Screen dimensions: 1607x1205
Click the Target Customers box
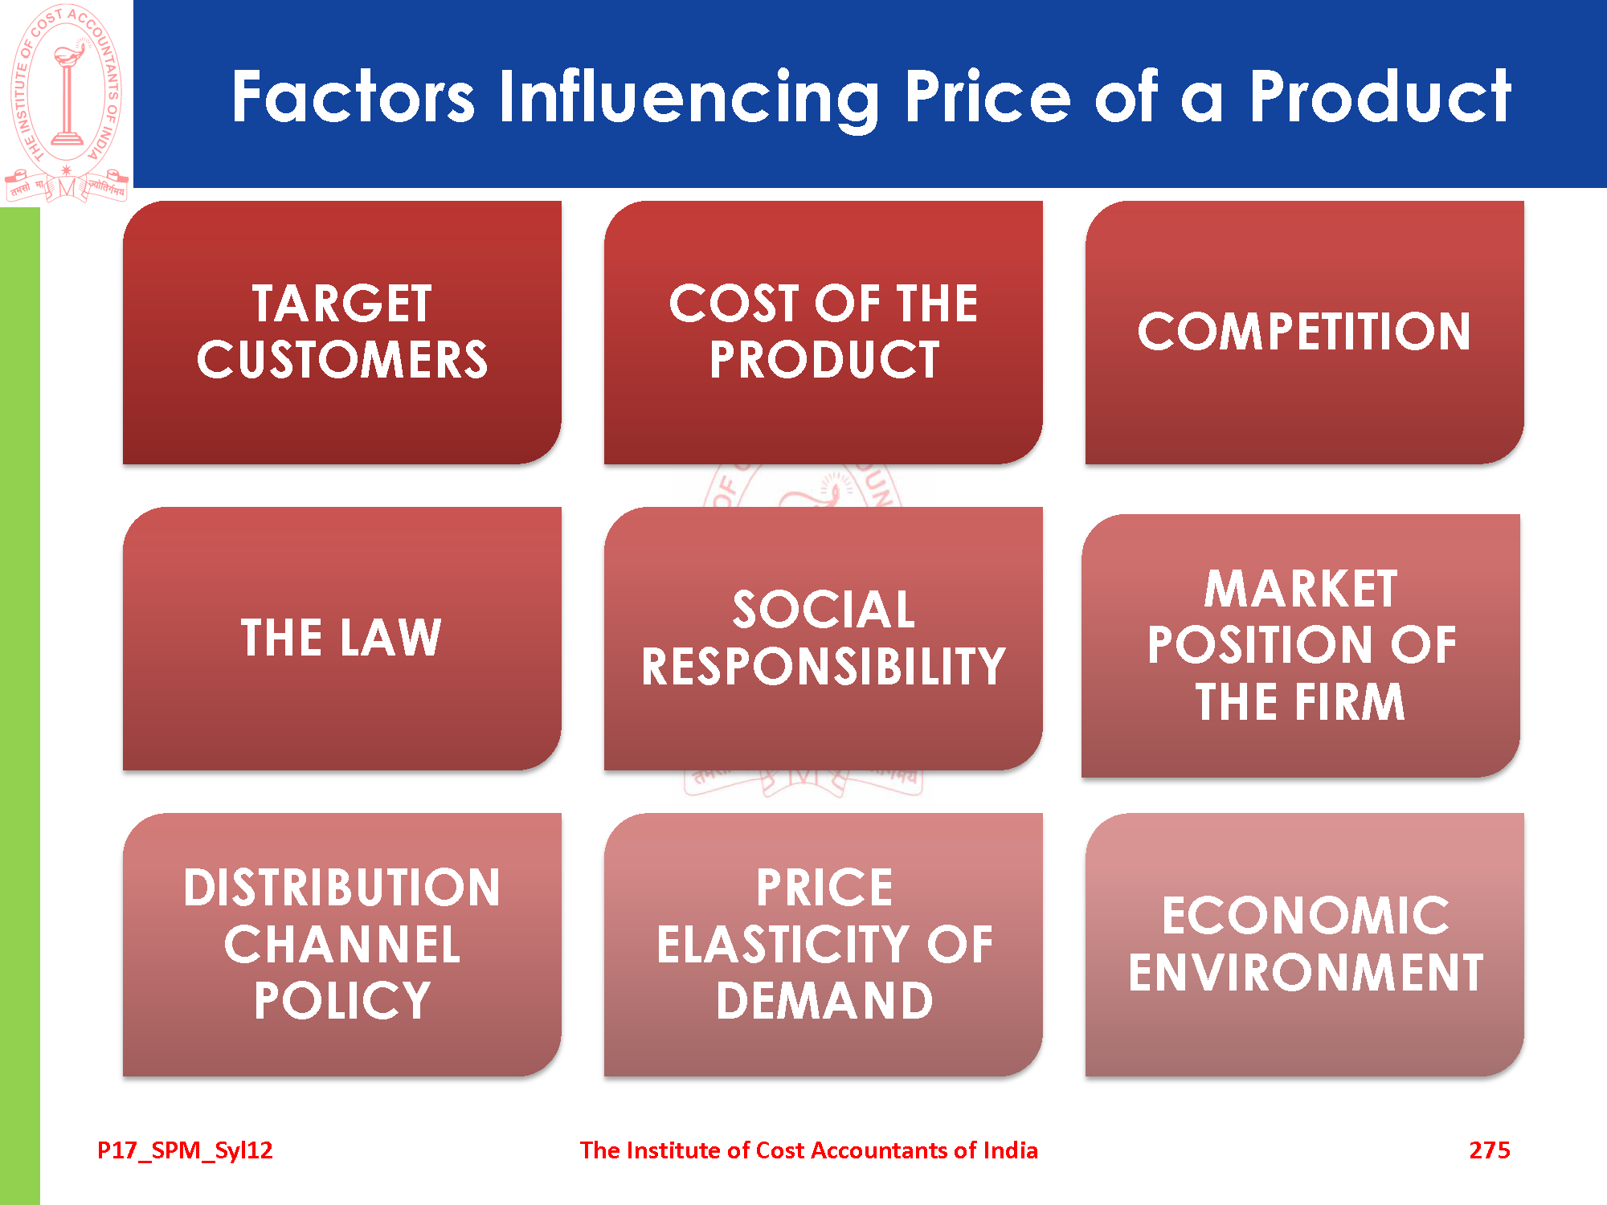click(x=342, y=333)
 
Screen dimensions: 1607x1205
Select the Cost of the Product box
click(x=824, y=333)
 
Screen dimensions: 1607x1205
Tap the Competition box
click(x=1305, y=333)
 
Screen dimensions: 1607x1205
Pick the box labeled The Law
click(x=342, y=639)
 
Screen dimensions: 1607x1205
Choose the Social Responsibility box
click(x=824, y=639)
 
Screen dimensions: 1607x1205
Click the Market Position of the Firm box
click(x=1301, y=646)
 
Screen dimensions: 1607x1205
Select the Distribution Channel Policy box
click(x=342, y=945)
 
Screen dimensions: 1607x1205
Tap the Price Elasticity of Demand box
click(x=824, y=945)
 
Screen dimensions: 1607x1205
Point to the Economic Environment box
click(x=1305, y=945)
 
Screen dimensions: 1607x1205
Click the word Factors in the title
click(x=354, y=96)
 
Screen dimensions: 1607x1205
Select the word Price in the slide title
click(x=988, y=96)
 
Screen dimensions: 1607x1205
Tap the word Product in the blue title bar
click(x=1380, y=96)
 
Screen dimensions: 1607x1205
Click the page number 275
click(x=1490, y=1150)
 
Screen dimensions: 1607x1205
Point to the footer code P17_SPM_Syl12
click(x=185, y=1151)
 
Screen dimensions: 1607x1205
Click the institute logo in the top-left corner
click(x=67, y=104)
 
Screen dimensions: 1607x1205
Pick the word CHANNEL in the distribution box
click(x=342, y=945)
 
